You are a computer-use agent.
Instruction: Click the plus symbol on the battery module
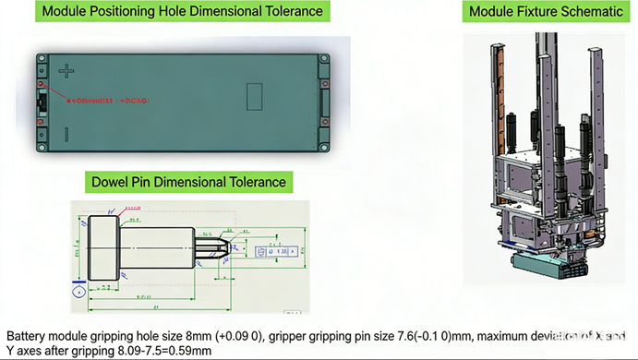point(66,70)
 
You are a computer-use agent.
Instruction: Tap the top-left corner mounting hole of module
point(42,58)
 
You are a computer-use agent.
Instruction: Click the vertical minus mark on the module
point(65,135)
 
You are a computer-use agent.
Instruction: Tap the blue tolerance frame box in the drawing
point(276,250)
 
